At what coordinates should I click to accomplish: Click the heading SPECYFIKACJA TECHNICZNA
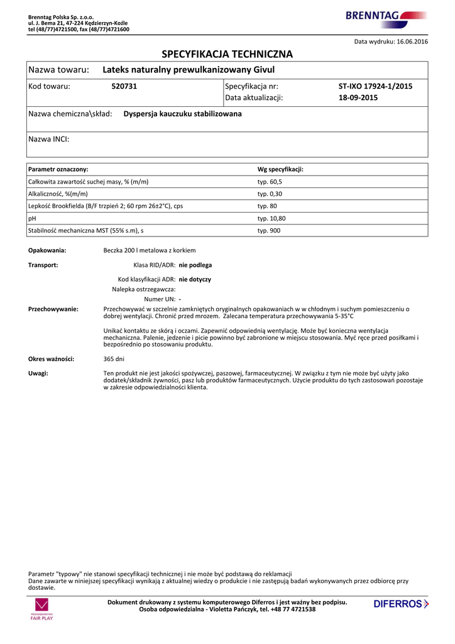pyautogui.click(x=227, y=54)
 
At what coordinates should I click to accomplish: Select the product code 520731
pyautogui.click(x=124, y=86)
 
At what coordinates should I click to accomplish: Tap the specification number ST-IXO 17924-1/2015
pyautogui.click(x=375, y=86)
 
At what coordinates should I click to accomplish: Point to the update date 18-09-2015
pyautogui.click(x=358, y=98)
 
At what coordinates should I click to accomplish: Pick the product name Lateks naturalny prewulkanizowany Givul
pyautogui.click(x=189, y=69)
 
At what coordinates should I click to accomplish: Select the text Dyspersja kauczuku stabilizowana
pyautogui.click(x=182, y=114)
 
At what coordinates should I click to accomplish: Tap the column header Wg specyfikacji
pyautogui.click(x=281, y=169)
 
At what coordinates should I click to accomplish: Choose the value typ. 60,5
pyautogui.click(x=270, y=182)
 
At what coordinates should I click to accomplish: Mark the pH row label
pyautogui.click(x=32, y=218)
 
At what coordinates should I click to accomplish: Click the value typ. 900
pyautogui.click(x=269, y=231)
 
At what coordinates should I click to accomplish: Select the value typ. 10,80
pyautogui.click(x=271, y=218)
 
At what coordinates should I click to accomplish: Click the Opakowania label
pyautogui.click(x=47, y=250)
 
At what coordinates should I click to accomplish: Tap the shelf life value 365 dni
pyautogui.click(x=114, y=359)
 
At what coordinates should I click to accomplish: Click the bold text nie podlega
pyautogui.click(x=195, y=265)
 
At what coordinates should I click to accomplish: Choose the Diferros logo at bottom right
pyautogui.click(x=401, y=604)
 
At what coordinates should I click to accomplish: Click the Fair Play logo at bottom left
pyautogui.click(x=41, y=609)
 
